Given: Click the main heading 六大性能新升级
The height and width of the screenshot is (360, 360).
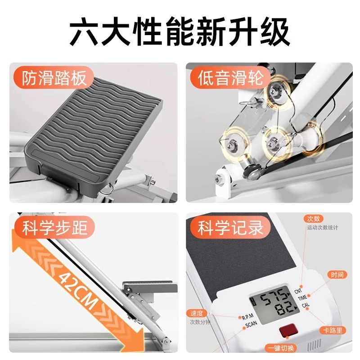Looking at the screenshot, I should pyautogui.click(x=180, y=30).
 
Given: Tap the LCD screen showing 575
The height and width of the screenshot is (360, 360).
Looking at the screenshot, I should pyautogui.click(x=270, y=301).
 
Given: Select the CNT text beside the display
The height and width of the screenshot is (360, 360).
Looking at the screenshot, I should pyautogui.click(x=299, y=292).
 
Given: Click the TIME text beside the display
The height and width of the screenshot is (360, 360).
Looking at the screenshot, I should pyautogui.click(x=302, y=298).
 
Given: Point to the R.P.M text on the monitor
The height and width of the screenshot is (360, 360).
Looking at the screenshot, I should pyautogui.click(x=248, y=317).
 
